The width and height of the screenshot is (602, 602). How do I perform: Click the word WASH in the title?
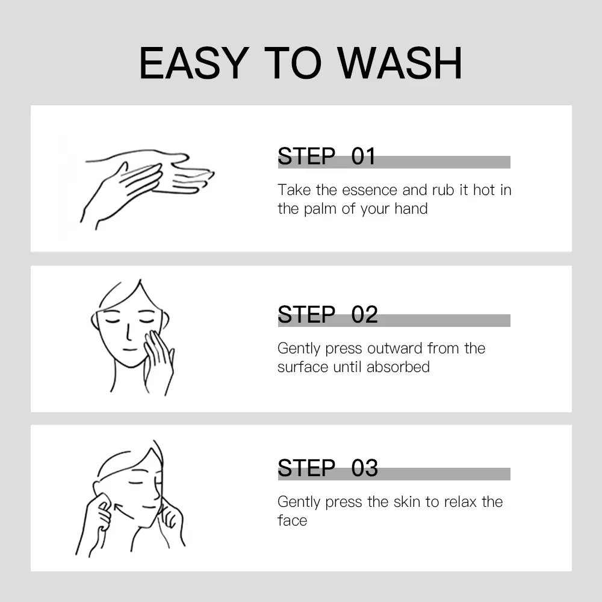400,63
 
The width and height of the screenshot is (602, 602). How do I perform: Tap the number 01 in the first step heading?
363,157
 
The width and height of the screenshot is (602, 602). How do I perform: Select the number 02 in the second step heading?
364,314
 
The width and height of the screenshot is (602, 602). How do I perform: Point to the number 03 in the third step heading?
364,468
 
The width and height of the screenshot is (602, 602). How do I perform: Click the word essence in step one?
370,190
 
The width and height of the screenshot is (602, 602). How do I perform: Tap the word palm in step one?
321,209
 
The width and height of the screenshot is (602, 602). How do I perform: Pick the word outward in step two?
395,349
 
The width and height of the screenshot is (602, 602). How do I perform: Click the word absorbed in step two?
398,367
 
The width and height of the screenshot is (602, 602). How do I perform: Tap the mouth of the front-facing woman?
129,349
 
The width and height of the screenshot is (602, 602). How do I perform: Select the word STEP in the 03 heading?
306,468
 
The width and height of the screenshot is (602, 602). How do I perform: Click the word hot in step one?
484,190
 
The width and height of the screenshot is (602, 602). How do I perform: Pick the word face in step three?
292,521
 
